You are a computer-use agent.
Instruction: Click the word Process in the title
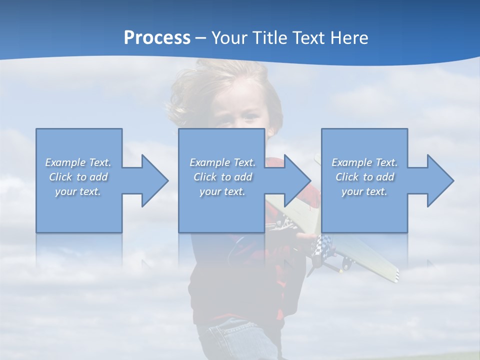pyautogui.click(x=157, y=38)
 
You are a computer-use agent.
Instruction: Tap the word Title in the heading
pyautogui.click(x=270, y=38)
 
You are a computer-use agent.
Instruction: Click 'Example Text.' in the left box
pyautogui.click(x=78, y=162)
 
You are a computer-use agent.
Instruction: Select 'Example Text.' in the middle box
pyautogui.click(x=222, y=162)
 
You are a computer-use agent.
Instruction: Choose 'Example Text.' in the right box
pyautogui.click(x=364, y=162)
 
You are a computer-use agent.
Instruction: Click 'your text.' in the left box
pyautogui.click(x=78, y=191)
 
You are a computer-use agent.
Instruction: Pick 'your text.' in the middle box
pyautogui.click(x=222, y=191)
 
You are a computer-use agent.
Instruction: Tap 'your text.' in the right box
pyautogui.click(x=364, y=191)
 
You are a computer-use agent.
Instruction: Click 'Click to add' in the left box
pyautogui.click(x=78, y=177)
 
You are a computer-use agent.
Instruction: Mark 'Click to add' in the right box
pyautogui.click(x=364, y=177)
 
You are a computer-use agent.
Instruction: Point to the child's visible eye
pyautogui.click(x=248, y=117)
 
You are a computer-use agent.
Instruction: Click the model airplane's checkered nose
pyautogui.click(x=320, y=245)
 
